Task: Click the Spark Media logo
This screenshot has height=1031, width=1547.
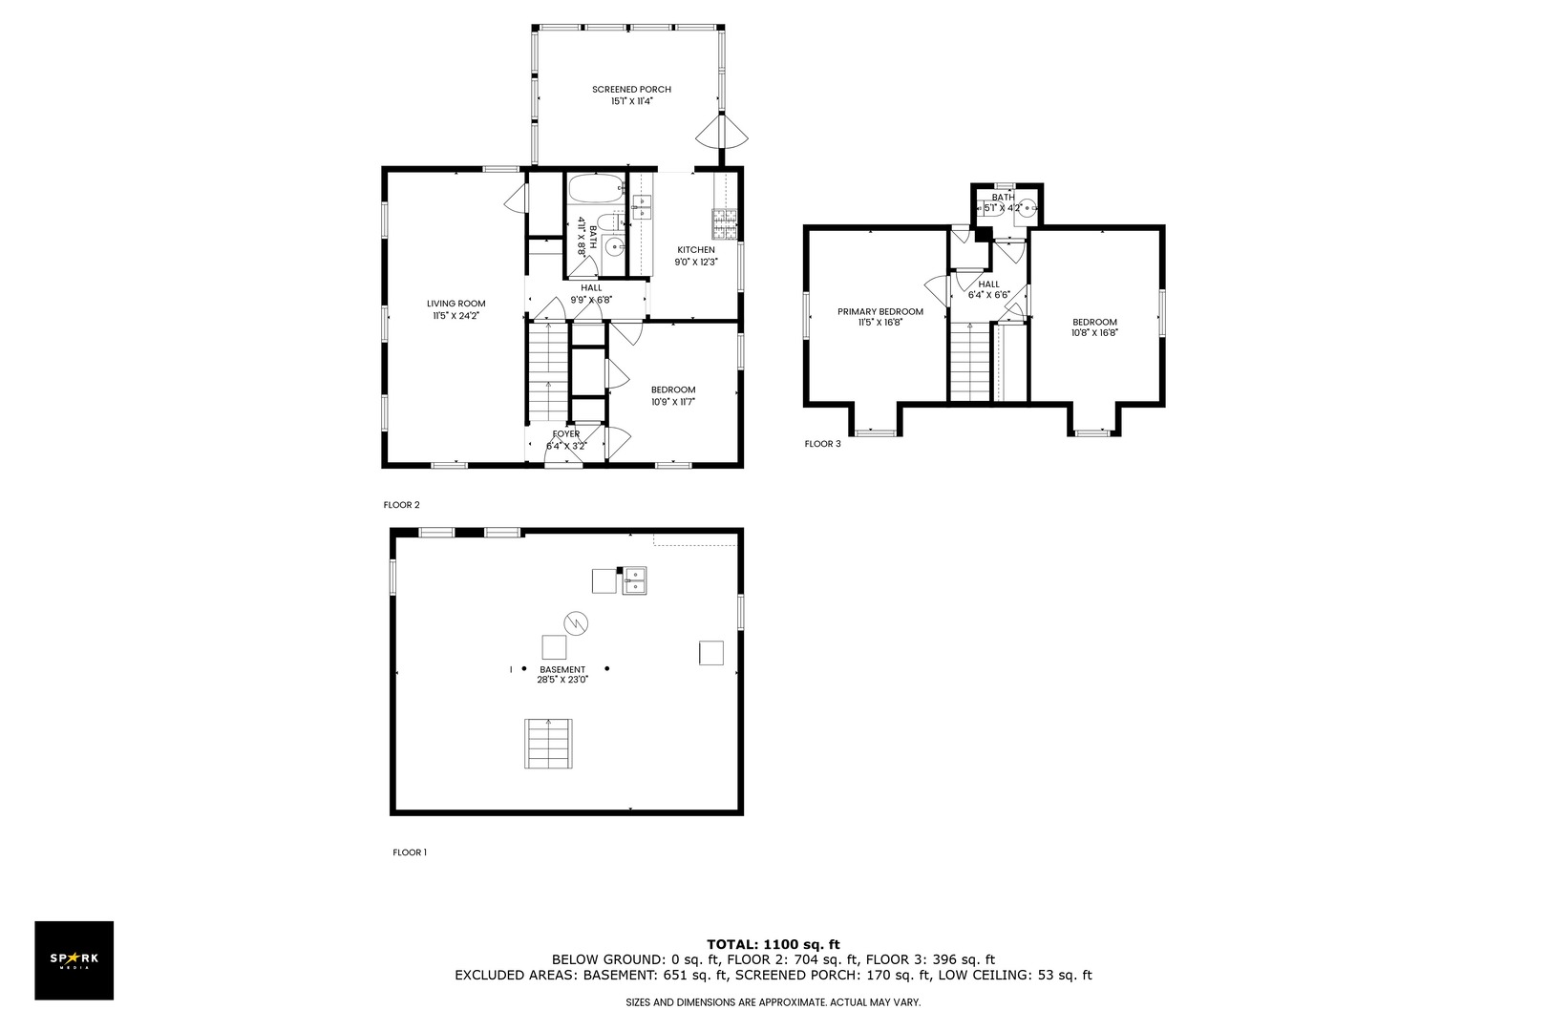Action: click(x=74, y=959)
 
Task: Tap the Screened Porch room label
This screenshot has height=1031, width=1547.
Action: click(x=631, y=89)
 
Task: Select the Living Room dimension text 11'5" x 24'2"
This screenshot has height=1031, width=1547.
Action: click(x=456, y=316)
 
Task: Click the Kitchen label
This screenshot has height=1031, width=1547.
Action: click(x=696, y=250)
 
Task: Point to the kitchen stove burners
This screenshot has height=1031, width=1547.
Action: click(x=725, y=223)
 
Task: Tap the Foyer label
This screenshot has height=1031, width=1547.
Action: click(x=565, y=433)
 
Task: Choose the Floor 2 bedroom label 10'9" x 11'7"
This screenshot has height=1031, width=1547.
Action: click(x=672, y=401)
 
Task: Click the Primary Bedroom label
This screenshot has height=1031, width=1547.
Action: click(x=879, y=311)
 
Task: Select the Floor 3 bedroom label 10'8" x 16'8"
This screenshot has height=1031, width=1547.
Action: click(x=1094, y=332)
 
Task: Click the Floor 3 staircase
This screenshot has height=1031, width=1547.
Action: click(x=970, y=362)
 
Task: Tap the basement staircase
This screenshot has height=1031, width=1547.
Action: click(x=548, y=743)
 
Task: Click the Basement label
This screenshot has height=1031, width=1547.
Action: click(x=562, y=669)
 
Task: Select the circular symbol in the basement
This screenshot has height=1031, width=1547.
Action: click(x=575, y=623)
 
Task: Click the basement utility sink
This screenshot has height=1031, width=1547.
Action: click(x=634, y=580)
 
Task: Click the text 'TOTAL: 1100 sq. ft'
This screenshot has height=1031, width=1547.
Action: click(x=773, y=944)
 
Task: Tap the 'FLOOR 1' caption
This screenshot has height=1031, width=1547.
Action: click(x=410, y=852)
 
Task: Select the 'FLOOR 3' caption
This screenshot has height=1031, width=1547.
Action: click(x=822, y=443)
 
